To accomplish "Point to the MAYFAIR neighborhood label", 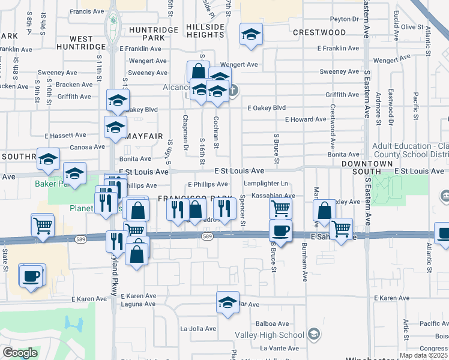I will coord(143,127).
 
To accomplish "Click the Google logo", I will coord(20,353).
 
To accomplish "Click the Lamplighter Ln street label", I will coord(266,184).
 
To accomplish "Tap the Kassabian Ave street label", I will coord(273,196).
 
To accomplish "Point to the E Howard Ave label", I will coord(306,119).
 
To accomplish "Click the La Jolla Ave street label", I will coord(197,328).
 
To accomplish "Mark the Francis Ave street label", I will coord(87,11).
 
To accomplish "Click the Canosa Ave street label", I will coord(87,147).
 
